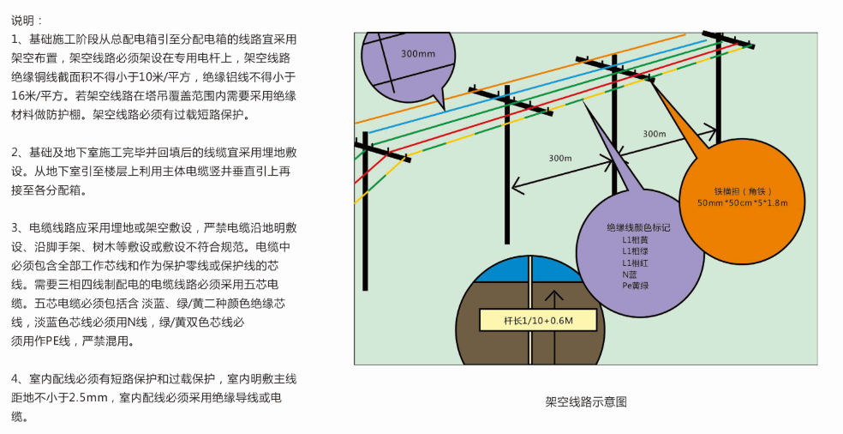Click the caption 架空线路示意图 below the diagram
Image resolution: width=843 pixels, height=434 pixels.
pyautogui.click(x=586, y=401)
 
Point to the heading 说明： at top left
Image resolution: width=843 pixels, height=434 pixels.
pyautogui.click(x=27, y=20)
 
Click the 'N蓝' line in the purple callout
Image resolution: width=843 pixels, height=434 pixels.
pyautogui.click(x=630, y=274)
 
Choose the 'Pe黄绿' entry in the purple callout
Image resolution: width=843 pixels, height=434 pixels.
pyautogui.click(x=635, y=285)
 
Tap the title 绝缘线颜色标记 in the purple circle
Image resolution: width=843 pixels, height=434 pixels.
pyautogui.click(x=638, y=228)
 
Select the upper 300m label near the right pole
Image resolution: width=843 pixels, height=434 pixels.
pyautogui.click(x=654, y=134)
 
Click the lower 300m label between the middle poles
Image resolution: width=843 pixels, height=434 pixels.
pyautogui.click(x=559, y=159)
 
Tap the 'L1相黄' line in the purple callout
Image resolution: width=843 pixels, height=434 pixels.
pyautogui.click(x=635, y=240)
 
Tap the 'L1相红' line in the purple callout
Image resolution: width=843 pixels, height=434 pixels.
pyautogui.click(x=635, y=262)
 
